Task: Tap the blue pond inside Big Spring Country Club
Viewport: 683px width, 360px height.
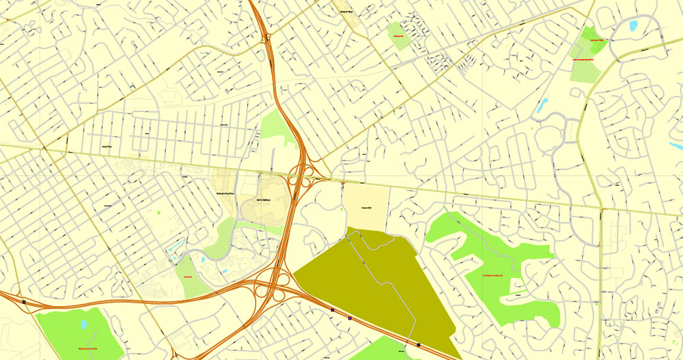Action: tap(84, 324)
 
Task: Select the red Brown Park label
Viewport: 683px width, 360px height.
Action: tap(186, 276)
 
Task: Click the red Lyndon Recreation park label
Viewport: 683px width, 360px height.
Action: tap(585, 59)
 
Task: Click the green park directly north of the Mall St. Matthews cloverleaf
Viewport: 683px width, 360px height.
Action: tap(276, 128)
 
